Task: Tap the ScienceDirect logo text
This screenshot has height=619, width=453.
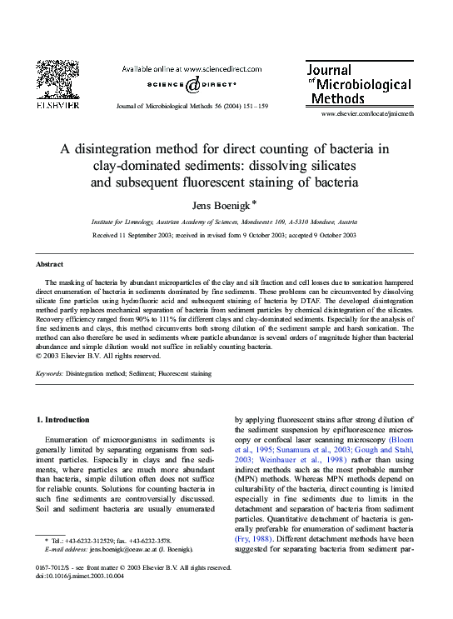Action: pyautogui.click(x=192, y=85)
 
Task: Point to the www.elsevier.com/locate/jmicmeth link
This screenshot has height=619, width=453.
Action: pyautogui.click(x=367, y=112)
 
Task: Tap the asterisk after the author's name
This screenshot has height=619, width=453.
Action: pyautogui.click(x=254, y=202)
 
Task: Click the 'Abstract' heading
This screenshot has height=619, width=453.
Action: pyautogui.click(x=50, y=263)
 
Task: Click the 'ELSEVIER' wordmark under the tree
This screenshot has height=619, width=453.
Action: pyautogui.click(x=57, y=106)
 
